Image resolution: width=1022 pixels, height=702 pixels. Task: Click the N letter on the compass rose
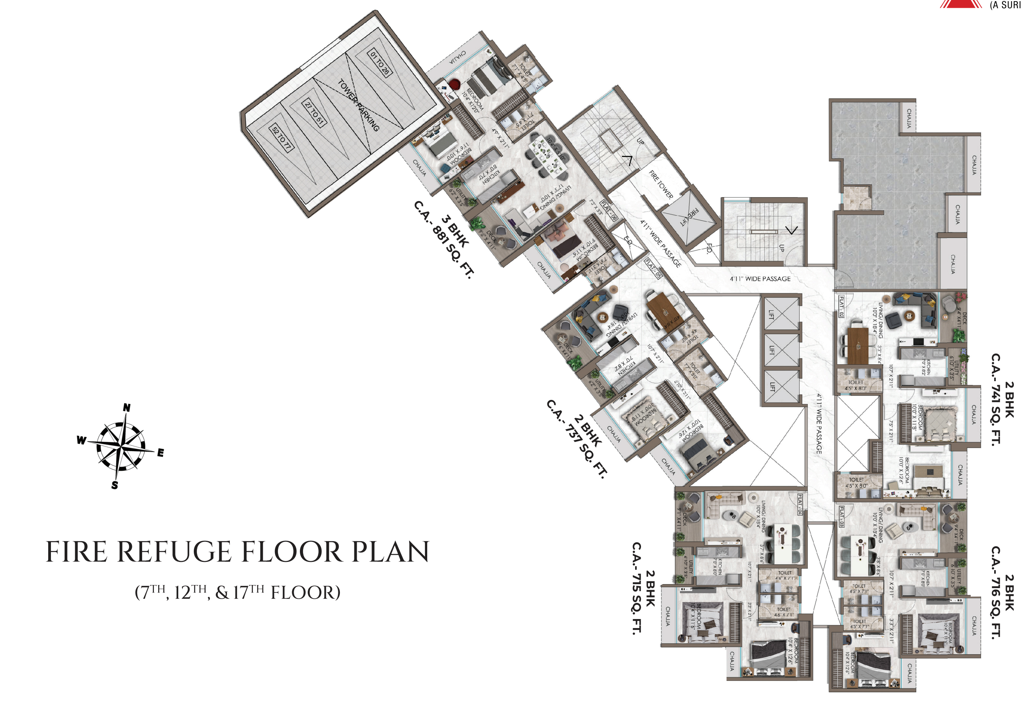coord(127,408)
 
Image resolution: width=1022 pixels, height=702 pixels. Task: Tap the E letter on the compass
coord(161,453)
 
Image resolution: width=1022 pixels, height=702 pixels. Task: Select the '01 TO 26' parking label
coord(380,63)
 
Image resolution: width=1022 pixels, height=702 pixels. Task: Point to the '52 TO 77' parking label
coord(281,138)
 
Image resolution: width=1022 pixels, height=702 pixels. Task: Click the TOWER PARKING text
coord(359,105)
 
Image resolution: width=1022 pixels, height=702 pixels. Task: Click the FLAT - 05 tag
coord(653,268)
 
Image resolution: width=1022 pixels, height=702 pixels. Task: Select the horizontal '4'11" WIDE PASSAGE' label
coord(760,279)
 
